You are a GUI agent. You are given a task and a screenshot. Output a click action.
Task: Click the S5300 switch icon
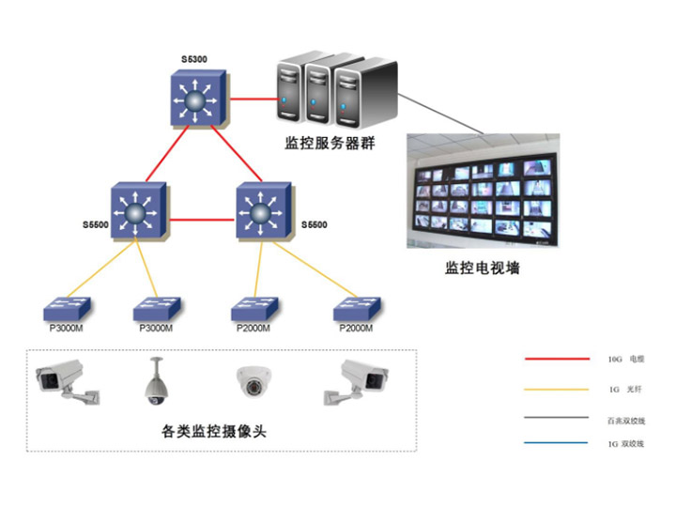click(x=195, y=98)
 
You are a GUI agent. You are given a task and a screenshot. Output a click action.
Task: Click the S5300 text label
click(x=194, y=60)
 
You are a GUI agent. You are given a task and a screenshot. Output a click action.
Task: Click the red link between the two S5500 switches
click(x=200, y=220)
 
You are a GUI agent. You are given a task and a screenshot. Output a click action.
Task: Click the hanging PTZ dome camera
click(x=156, y=382)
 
